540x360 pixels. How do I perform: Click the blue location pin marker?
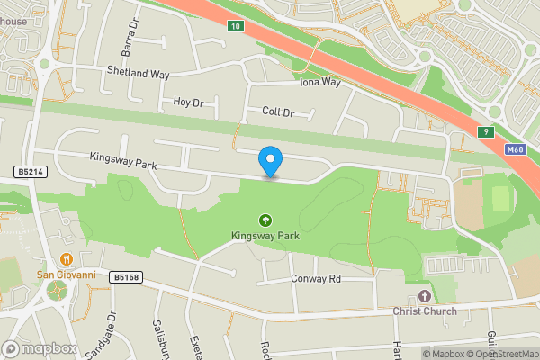pyautogui.click(x=270, y=161)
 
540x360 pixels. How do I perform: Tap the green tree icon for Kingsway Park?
pyautogui.click(x=265, y=220)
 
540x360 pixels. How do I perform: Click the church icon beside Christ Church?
pyautogui.click(x=424, y=296)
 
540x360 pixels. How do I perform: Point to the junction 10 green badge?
pyautogui.click(x=235, y=26)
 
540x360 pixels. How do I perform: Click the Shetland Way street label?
pyautogui.click(x=138, y=71)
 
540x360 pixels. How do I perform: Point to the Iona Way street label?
pyautogui.click(x=320, y=82)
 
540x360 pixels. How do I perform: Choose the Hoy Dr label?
pyautogui.click(x=189, y=103)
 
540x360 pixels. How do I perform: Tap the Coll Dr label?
pyautogui.click(x=278, y=112)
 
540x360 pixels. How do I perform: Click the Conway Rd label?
pyautogui.click(x=316, y=279)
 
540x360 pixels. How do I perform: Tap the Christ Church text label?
pyautogui.click(x=424, y=311)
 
